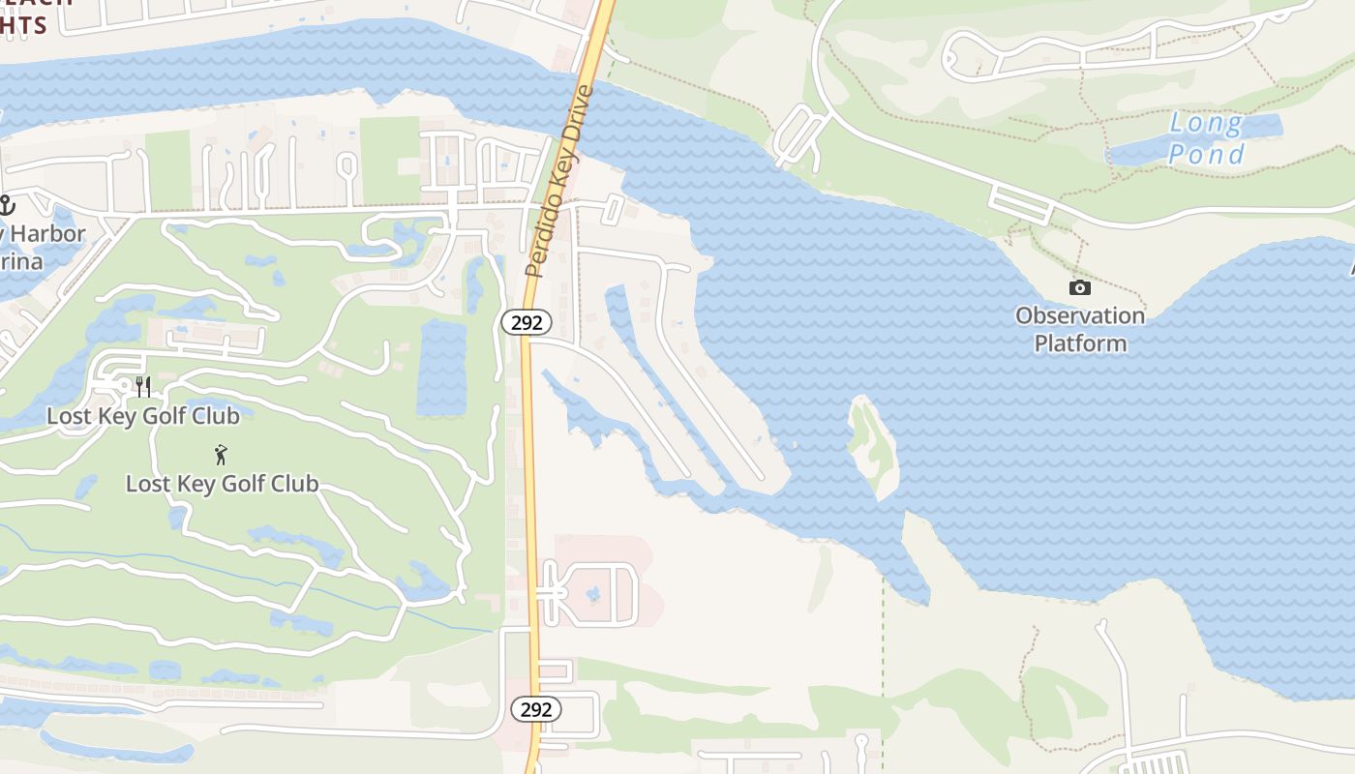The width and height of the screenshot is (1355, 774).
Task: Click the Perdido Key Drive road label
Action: point(558,182)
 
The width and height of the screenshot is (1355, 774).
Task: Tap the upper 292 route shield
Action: point(527,322)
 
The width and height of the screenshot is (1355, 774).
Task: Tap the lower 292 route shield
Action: point(536,709)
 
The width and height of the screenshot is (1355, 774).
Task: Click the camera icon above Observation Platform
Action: point(1079,287)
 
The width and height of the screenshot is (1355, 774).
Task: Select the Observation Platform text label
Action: point(1079,329)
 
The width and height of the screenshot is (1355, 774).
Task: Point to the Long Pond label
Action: point(1205,138)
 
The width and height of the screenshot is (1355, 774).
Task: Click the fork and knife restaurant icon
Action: point(143,386)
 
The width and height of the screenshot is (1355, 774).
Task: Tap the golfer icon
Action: point(222,454)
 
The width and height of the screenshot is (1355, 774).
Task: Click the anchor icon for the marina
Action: point(7,205)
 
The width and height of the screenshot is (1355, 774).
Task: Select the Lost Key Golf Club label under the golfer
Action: point(222,484)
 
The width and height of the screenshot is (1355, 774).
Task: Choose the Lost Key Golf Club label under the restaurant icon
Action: point(143,416)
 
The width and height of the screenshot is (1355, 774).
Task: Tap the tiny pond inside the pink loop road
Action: point(593,593)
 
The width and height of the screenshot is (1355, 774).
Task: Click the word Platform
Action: point(1080,343)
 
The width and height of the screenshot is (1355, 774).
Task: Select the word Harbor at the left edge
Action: point(48,234)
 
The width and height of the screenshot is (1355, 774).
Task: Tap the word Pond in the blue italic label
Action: point(1206,154)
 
